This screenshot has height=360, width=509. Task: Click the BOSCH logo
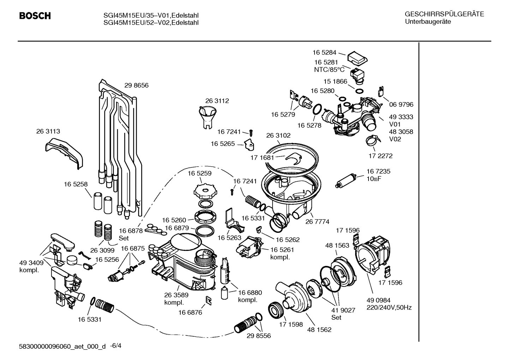pos(35,16)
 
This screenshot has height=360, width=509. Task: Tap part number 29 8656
pos(136,85)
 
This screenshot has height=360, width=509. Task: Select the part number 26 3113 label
pos(48,131)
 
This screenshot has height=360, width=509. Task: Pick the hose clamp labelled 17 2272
pos(374,141)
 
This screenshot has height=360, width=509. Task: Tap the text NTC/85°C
pos(329,70)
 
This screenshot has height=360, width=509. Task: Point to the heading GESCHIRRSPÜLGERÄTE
pos(444,14)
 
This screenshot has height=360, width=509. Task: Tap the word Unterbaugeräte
pos(427,22)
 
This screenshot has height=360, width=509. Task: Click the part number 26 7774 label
pos(317,222)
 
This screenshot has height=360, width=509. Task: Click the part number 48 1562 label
pos(319,330)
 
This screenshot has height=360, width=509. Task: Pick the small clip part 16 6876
pos(209,300)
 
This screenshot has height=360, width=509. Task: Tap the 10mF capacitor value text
pos(373,179)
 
